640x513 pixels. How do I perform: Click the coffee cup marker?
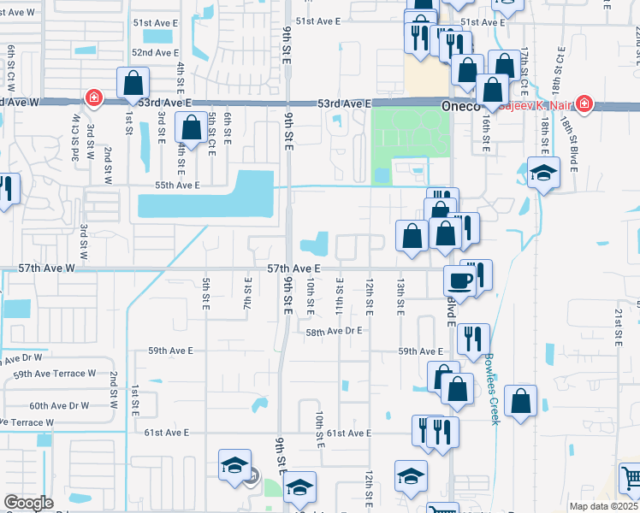(459, 280)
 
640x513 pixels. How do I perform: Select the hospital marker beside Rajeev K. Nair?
(584, 104)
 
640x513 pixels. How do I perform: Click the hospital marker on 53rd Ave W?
(93, 100)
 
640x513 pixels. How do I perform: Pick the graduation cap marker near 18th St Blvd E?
(542, 174)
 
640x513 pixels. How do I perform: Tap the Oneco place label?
(463, 106)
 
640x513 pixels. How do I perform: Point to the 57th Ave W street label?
(47, 268)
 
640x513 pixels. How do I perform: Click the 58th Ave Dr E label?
(334, 330)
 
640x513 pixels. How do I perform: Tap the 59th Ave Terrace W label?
(55, 374)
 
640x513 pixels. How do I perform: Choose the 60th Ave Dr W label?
(59, 405)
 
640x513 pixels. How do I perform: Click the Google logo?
(28, 503)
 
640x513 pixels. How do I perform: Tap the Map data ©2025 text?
(602, 506)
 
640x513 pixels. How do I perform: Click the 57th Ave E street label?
(293, 268)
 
